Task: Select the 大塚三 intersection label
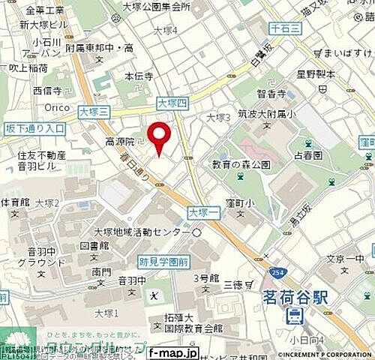94,110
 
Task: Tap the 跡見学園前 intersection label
163,262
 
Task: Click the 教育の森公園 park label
240,164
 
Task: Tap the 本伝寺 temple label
139,76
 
